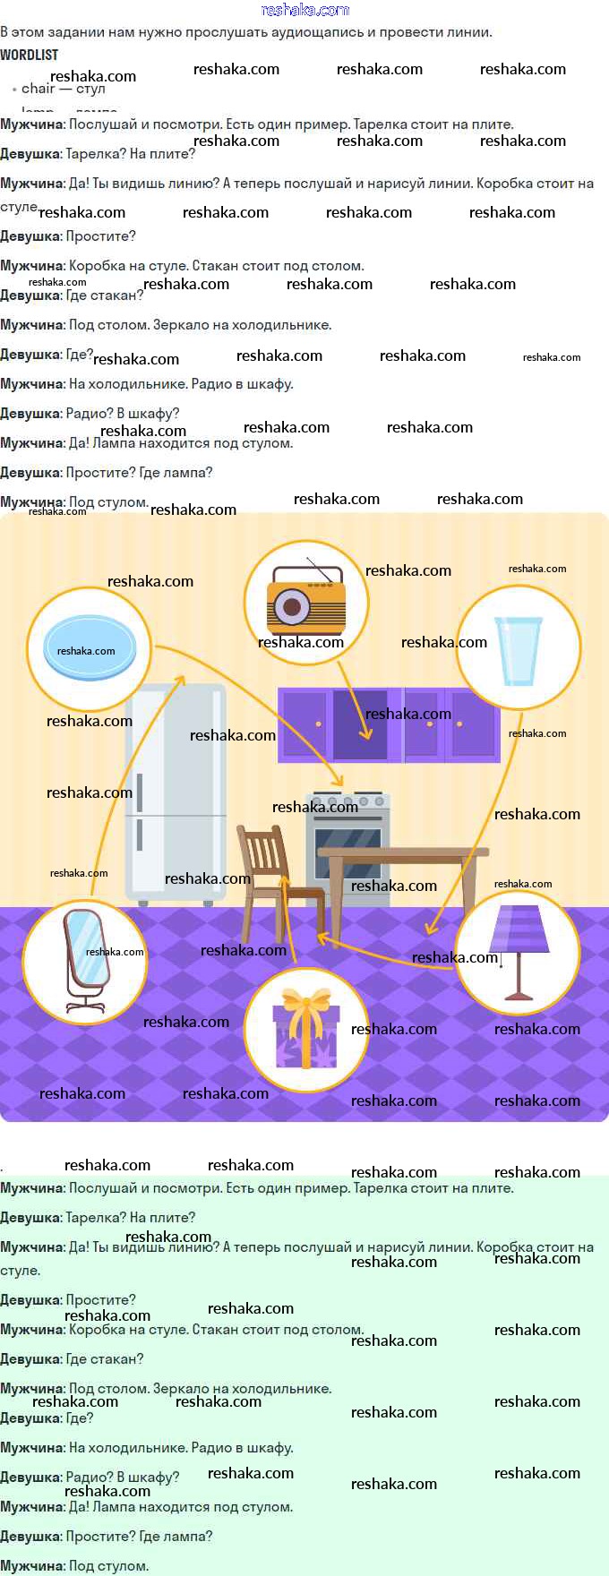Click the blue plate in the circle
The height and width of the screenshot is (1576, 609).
pos(90,647)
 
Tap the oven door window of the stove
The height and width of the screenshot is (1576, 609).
pos(347,851)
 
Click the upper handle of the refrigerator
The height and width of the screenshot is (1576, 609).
pos(140,793)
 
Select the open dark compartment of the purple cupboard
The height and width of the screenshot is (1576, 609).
pos(360,724)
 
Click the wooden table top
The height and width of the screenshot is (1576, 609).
pos(403,852)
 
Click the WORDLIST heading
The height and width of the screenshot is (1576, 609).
pos(30,55)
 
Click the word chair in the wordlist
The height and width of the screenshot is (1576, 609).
pos(39,89)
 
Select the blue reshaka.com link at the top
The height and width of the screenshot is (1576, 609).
pos(304,10)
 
